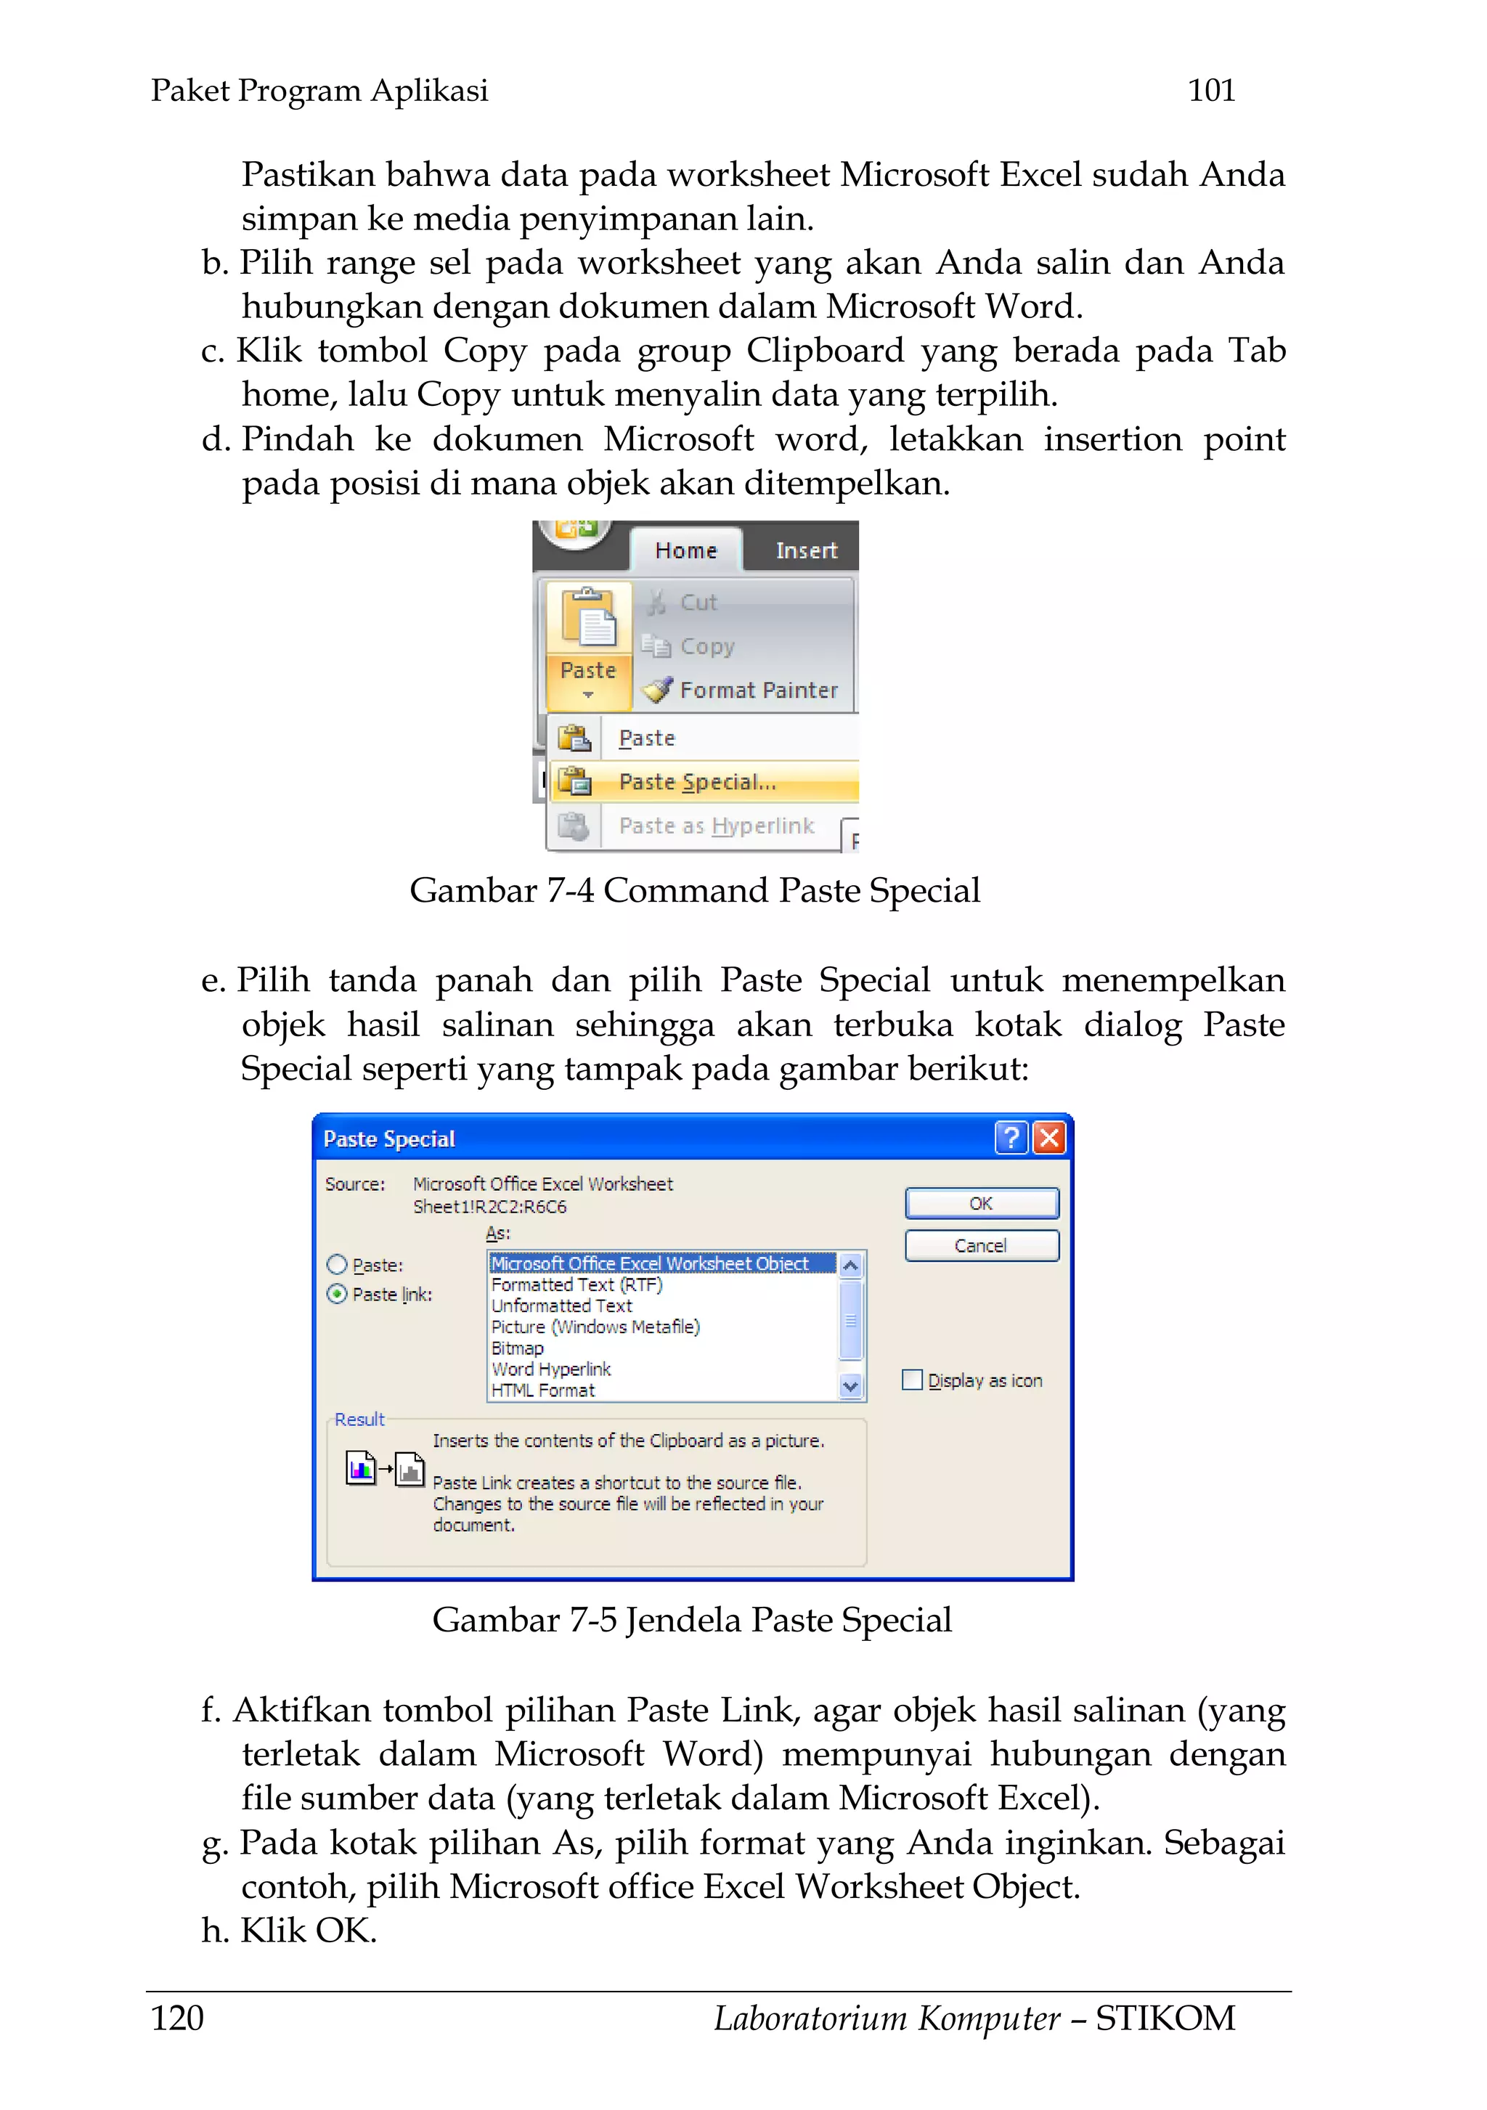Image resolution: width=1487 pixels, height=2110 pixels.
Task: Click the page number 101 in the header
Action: [x=1210, y=90]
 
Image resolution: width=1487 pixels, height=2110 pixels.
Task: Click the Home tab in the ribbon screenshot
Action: [x=685, y=550]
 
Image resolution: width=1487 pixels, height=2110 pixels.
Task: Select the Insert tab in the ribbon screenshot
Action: [x=806, y=550]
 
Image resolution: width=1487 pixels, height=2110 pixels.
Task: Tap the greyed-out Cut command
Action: [x=698, y=603]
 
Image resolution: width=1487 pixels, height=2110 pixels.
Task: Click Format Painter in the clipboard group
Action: [x=757, y=691]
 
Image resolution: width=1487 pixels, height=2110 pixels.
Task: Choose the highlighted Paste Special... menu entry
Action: [x=696, y=782]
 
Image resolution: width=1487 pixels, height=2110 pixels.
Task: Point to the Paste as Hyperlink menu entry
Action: [x=716, y=826]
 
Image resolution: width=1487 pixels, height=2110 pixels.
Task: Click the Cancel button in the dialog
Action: [x=981, y=1245]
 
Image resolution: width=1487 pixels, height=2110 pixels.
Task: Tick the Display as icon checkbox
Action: [x=912, y=1380]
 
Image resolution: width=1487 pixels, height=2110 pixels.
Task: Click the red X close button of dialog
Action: [x=1048, y=1138]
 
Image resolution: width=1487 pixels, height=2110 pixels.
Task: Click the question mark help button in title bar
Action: [x=1011, y=1138]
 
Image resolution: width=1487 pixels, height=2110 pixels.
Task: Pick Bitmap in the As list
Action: [x=518, y=1348]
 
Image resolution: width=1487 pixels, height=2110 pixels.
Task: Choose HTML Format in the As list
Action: [x=542, y=1390]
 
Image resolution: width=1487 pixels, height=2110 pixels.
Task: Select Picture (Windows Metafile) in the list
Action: [x=595, y=1327]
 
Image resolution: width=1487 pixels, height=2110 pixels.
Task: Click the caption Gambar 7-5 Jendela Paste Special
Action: [x=691, y=1620]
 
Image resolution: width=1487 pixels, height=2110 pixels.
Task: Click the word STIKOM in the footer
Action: [x=1165, y=2018]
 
